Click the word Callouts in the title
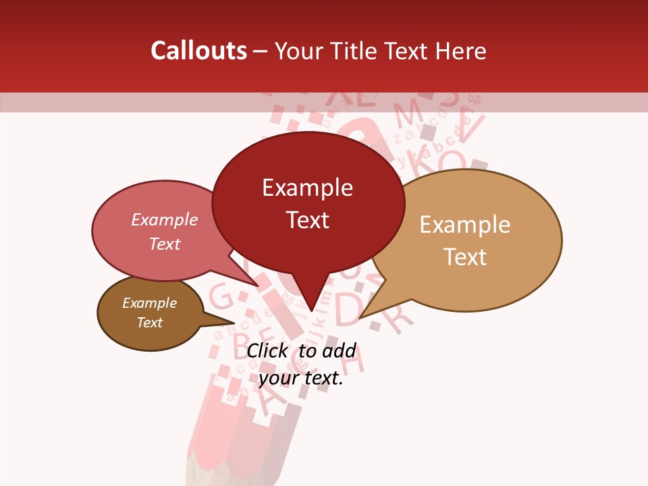(x=198, y=51)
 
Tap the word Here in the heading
(x=461, y=51)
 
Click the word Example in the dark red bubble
(x=308, y=187)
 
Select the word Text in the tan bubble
(x=466, y=256)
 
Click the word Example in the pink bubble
(x=165, y=219)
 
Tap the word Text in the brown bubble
(x=150, y=323)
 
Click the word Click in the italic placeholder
(x=267, y=350)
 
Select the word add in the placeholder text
(x=339, y=350)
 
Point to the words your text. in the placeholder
(x=301, y=378)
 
